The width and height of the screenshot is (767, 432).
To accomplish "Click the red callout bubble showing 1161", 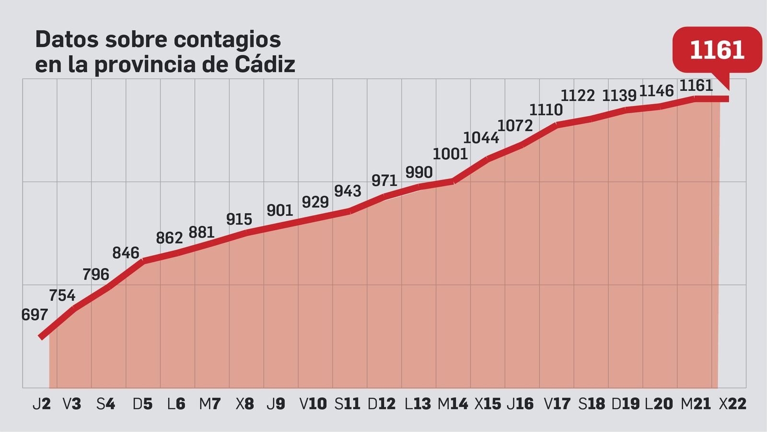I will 717,50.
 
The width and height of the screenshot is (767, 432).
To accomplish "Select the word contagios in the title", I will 227,39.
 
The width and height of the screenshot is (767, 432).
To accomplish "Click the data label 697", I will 35,315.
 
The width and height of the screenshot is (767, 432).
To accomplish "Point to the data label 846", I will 126,253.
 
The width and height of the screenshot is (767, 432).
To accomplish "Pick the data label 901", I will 279,211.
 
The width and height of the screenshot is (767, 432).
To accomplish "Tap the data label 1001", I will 450,154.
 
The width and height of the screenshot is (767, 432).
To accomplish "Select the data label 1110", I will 546,110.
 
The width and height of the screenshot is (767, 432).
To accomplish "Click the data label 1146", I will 656,91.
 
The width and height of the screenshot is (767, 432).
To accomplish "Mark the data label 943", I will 348,192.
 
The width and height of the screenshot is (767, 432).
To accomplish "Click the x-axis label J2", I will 42,404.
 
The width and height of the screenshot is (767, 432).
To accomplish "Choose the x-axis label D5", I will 142,404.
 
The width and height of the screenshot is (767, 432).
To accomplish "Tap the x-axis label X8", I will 244,404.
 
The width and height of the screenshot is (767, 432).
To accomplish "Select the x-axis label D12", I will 382,404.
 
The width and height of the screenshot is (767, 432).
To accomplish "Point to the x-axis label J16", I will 520,404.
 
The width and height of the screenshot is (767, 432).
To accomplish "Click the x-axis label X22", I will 732,404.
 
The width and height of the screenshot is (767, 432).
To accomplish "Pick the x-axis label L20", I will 659,404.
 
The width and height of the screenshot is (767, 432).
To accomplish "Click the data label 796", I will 96,275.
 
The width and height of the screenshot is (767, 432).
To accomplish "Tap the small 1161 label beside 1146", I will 696,86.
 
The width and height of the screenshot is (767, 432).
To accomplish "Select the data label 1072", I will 515,126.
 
